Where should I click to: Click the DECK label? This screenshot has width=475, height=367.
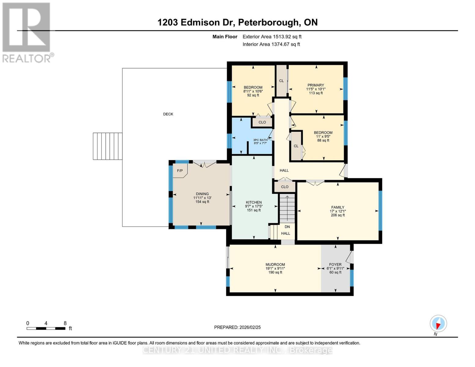tap(168, 114)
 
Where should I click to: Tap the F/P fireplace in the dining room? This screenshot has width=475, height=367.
tap(180, 171)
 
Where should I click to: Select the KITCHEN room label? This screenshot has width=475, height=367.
tap(254, 202)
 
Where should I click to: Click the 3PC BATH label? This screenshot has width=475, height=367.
tap(260, 140)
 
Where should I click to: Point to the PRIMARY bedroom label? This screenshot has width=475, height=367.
tap(316, 85)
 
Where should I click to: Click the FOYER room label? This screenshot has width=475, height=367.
tap(335, 265)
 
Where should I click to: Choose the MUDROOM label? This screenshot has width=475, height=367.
tap(275, 265)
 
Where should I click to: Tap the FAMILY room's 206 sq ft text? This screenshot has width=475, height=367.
tap(338, 215)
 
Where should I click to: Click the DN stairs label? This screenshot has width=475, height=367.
tap(287, 227)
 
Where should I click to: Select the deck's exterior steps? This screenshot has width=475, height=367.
tap(108, 146)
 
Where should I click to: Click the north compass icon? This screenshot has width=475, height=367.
tap(438, 324)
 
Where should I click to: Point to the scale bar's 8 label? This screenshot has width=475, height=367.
tap(65, 323)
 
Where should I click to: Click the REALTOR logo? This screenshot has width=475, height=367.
tap(27, 32)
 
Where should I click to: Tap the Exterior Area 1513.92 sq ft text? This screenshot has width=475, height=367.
tap(272, 37)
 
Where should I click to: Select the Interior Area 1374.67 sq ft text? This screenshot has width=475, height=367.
tap(271, 44)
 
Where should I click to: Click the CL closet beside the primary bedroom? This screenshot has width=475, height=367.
tap(281, 81)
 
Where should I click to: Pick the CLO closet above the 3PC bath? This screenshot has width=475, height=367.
tap(262, 122)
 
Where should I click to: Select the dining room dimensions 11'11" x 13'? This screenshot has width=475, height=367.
tap(202, 198)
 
